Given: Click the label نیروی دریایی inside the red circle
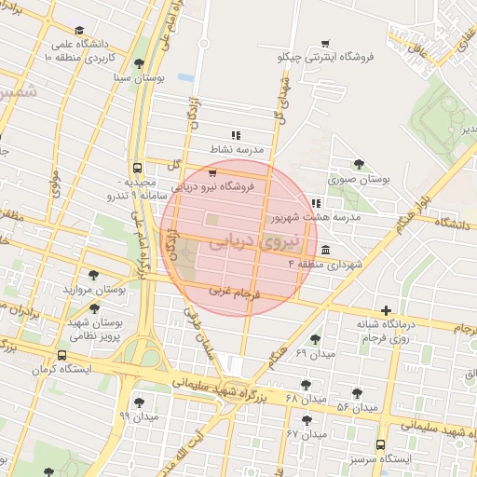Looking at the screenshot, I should point(245,242).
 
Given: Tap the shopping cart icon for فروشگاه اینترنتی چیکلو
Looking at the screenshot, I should point(325,43).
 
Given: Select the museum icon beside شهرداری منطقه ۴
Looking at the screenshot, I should point(324,251).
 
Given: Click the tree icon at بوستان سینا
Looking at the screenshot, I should point(140,63).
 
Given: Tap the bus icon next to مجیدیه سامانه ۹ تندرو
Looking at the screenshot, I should point(138,170).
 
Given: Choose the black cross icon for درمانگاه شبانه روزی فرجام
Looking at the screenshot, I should point(386,311).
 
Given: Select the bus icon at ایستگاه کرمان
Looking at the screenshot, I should point(62,356).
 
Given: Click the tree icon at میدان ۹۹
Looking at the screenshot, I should point(140,403).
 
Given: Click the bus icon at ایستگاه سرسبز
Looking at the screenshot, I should point(380,445).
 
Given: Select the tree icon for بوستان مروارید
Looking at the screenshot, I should point(93,275).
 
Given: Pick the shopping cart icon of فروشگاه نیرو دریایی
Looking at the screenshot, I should point(212,173).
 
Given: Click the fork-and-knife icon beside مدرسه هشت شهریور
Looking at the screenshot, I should point(317,203).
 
